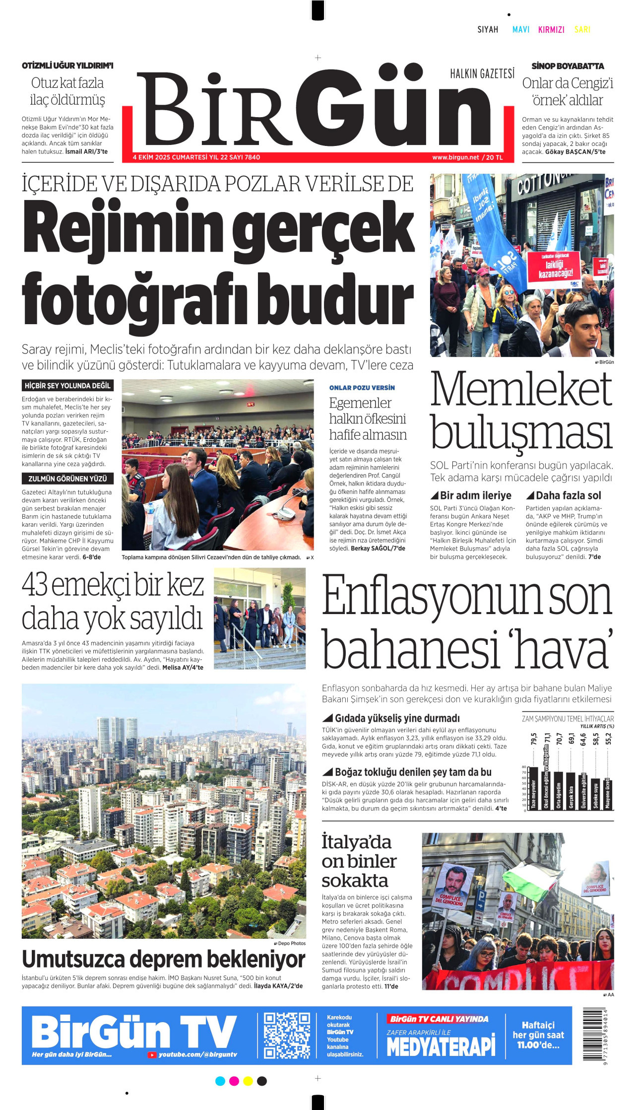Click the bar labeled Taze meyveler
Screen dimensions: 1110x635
(533, 789)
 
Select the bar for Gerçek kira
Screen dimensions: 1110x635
(571, 791)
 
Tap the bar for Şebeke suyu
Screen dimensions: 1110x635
(596, 794)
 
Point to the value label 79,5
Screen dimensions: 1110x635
(534, 739)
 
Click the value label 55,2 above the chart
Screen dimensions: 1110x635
(609, 739)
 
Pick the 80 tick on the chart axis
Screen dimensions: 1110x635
(524, 767)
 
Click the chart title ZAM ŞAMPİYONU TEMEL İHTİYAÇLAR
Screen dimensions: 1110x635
(568, 718)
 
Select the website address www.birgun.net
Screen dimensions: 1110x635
(455, 157)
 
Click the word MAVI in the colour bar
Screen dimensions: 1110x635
(520, 30)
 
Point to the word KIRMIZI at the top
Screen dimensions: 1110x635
(551, 30)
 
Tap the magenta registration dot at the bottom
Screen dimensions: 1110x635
(234, 1081)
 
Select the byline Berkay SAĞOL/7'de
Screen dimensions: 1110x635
(378, 549)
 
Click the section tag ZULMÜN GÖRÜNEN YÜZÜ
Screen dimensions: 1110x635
(67, 479)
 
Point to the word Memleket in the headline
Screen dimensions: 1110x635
(521, 390)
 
